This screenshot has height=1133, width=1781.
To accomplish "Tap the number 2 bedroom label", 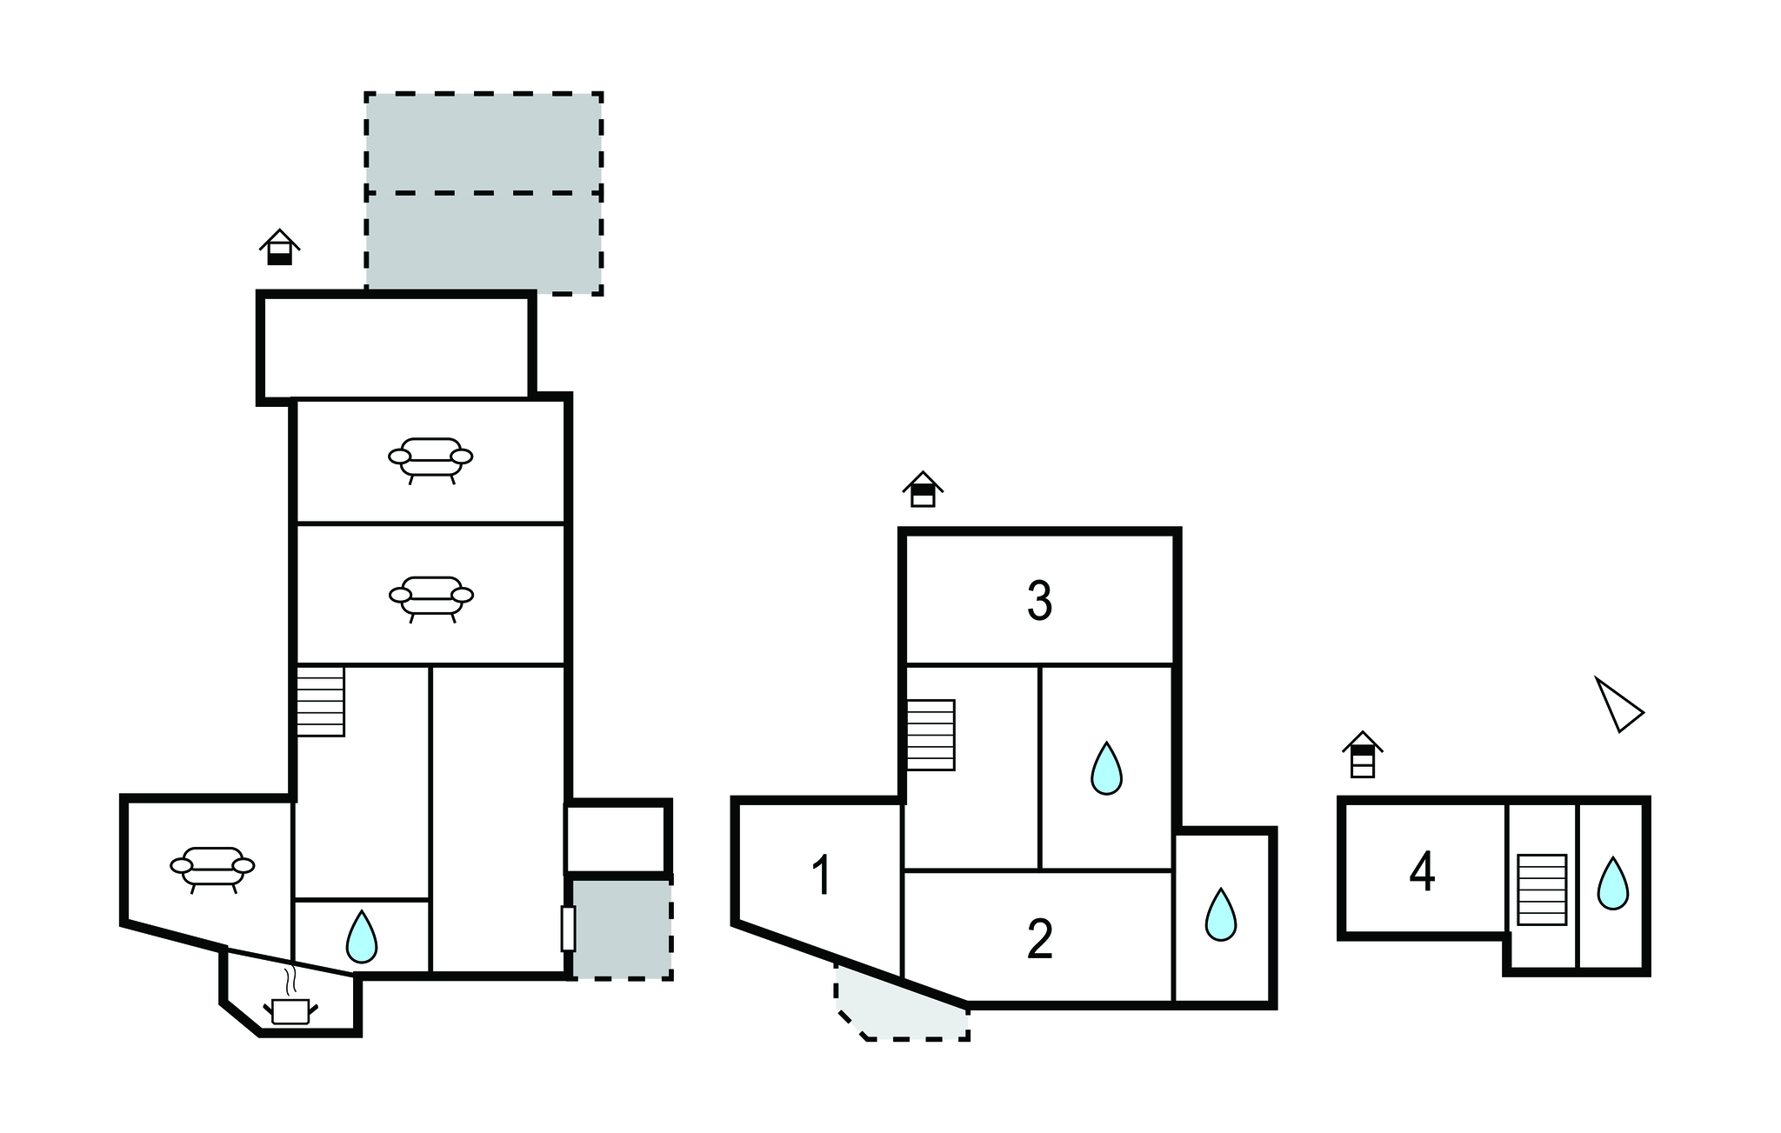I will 1039,939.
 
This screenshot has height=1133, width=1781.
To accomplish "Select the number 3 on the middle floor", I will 1039,600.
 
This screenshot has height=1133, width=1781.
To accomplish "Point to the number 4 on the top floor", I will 1422,872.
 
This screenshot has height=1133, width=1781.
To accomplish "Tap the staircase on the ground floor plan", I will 321,701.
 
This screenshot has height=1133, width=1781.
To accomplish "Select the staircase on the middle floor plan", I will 931,735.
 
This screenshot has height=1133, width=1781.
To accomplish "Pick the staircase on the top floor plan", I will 1542,890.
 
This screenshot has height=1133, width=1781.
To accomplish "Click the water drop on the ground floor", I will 361,936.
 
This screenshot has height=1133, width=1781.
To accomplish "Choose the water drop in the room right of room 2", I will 1220,915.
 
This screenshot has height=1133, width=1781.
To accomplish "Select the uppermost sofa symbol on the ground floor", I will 430,459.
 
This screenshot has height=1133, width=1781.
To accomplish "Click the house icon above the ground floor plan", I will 279,247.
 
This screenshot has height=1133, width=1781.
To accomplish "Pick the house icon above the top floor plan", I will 1362,754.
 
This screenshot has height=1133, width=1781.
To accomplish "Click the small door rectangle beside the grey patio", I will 568,929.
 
